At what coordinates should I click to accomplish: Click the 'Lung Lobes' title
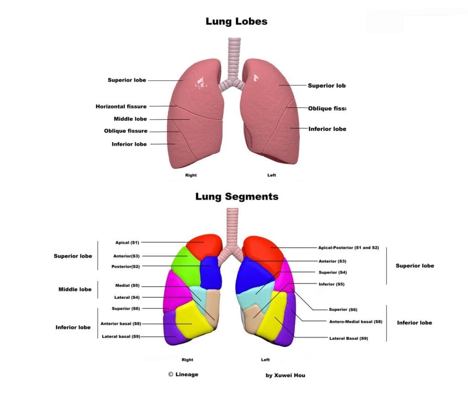point(236,21)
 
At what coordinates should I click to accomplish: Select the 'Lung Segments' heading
point(237,197)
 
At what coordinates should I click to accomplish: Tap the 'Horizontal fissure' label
point(121,106)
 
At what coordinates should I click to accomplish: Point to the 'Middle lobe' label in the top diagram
point(130,119)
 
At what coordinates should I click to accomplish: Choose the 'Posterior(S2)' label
point(126,266)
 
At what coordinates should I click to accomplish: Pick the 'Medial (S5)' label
point(128,286)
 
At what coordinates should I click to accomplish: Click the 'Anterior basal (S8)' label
point(121,324)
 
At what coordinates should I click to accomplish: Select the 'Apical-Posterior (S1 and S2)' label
point(349,247)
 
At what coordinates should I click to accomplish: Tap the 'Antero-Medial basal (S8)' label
point(356,321)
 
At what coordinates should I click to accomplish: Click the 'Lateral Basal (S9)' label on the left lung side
point(348,338)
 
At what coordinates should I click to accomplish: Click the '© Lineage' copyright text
point(183,374)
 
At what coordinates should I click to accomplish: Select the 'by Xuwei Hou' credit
point(286,375)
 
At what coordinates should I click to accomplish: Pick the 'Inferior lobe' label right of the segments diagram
point(414,323)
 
